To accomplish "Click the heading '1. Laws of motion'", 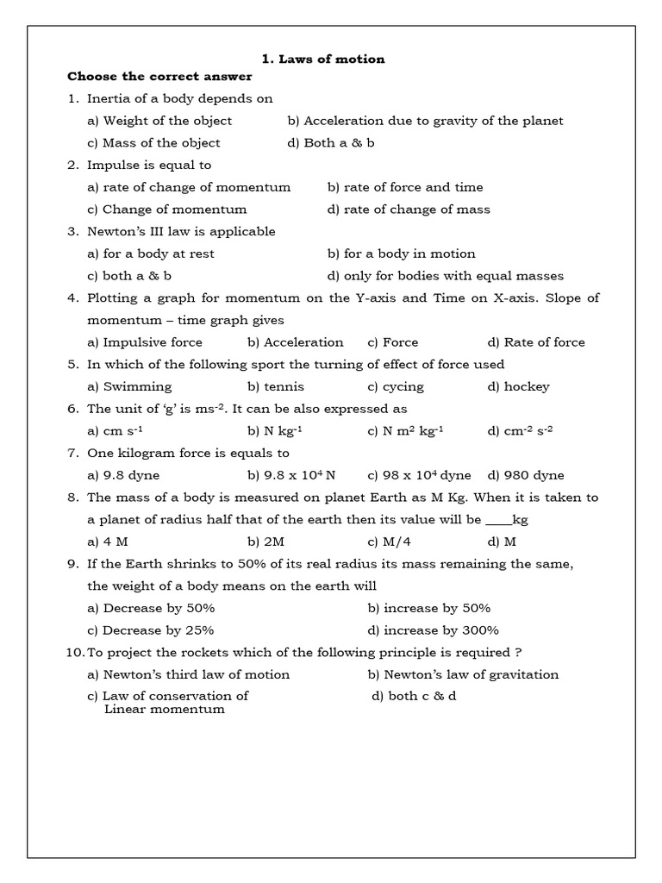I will [x=323, y=59].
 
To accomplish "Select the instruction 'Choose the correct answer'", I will [x=159, y=77].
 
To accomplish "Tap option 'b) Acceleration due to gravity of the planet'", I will [x=425, y=121].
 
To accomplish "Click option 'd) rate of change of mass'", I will [x=409, y=210].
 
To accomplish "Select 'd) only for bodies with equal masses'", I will [x=446, y=276].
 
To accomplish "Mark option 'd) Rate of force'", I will [x=536, y=342].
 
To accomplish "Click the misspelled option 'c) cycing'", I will [x=396, y=387].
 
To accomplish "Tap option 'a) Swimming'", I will [x=129, y=387].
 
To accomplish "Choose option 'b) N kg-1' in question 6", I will [x=276, y=431].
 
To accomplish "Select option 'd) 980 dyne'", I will [x=526, y=475].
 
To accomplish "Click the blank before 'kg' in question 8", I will [x=498, y=521].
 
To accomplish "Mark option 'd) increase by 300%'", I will [x=433, y=630].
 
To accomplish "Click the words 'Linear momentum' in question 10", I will [x=165, y=710].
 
